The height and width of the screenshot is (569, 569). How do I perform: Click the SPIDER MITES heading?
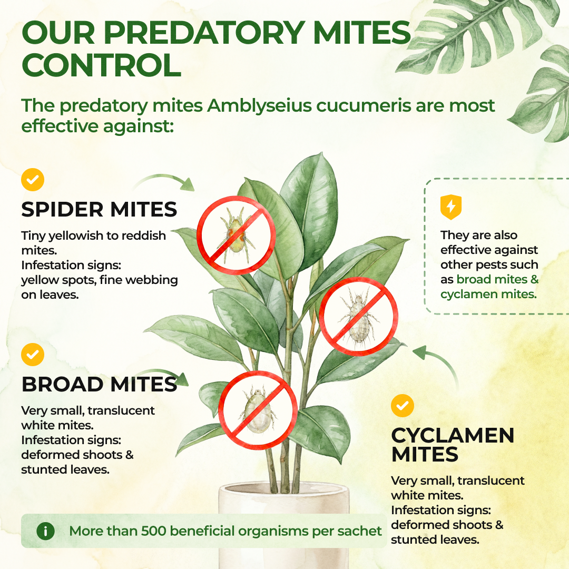pos(99,209)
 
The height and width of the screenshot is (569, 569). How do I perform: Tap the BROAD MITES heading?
pos(99,384)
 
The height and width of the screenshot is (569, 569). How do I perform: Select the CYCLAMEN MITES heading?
pos(453,445)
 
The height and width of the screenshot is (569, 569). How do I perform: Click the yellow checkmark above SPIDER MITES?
pos(33,180)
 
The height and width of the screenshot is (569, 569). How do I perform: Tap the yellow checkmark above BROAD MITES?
pos(33,355)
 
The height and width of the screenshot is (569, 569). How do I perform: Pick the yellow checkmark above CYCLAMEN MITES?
pos(403,406)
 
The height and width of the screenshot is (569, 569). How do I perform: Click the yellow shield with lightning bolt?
pos(450,207)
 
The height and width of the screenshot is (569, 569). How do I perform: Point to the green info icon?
pos(46,531)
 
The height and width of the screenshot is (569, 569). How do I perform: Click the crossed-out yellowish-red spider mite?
pos(236,236)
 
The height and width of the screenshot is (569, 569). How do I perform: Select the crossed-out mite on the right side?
pos(359,317)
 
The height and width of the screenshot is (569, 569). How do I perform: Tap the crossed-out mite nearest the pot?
pos(258,410)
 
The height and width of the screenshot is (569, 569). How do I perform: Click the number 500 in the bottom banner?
pos(153,531)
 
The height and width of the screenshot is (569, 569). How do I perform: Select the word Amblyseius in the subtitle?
pos(259,106)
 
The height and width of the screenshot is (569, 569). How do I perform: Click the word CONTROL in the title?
pos(102,65)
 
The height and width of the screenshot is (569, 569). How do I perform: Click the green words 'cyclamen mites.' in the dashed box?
pos(488,295)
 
